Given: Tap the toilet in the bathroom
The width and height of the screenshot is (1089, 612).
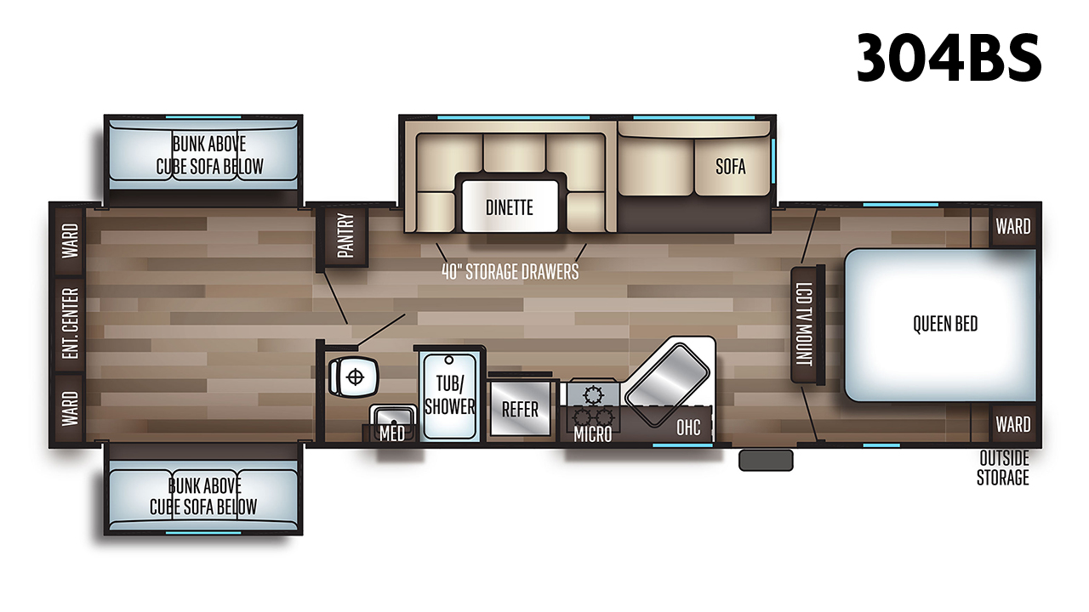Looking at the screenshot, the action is click(353, 377).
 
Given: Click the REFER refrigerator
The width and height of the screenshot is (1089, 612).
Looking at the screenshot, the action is click(520, 409).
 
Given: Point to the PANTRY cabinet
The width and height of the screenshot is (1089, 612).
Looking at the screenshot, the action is click(345, 236).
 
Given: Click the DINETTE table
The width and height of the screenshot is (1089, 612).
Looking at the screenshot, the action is click(510, 207).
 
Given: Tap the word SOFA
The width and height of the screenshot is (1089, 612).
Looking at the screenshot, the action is click(730, 167).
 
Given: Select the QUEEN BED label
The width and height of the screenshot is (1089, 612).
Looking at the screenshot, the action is click(945, 324).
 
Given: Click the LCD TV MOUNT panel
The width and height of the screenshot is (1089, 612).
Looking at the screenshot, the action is click(807, 325).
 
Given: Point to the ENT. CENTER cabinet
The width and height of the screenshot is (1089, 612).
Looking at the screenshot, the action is click(71, 324).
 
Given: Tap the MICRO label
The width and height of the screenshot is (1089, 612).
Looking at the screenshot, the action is click(592, 433).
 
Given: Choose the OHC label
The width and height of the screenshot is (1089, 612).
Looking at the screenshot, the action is click(688, 427).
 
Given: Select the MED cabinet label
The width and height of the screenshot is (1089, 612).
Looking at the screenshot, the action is click(392, 433).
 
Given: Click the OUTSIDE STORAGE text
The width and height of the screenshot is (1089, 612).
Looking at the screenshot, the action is click(1003, 467).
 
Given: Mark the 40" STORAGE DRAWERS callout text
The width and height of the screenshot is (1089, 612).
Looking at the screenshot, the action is click(510, 272).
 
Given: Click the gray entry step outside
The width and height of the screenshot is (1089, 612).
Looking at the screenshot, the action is click(766, 460).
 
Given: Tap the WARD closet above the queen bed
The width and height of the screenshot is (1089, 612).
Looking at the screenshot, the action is click(1013, 226).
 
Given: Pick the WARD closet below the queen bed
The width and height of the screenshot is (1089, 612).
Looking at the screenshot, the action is click(1013, 424).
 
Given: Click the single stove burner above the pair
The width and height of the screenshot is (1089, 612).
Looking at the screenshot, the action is click(593, 395).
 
